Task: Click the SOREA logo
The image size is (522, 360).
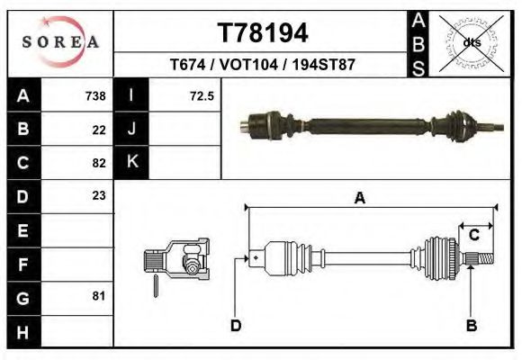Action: (59, 41)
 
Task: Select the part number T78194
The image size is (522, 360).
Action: (264, 33)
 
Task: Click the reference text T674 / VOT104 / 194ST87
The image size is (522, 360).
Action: (264, 66)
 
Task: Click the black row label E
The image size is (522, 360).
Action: (22, 230)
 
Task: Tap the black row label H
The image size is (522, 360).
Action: (22, 331)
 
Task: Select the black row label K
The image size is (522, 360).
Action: (131, 163)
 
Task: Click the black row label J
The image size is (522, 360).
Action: (131, 130)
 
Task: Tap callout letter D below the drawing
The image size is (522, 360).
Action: (236, 325)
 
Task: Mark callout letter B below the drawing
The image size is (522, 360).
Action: (471, 325)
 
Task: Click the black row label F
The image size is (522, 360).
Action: (22, 265)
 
